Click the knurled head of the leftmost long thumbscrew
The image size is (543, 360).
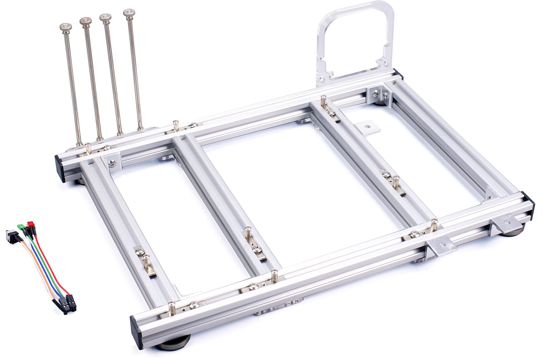point(64,26)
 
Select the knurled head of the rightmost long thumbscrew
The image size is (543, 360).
point(128,14)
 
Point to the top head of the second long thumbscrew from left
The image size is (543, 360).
point(85,21)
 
